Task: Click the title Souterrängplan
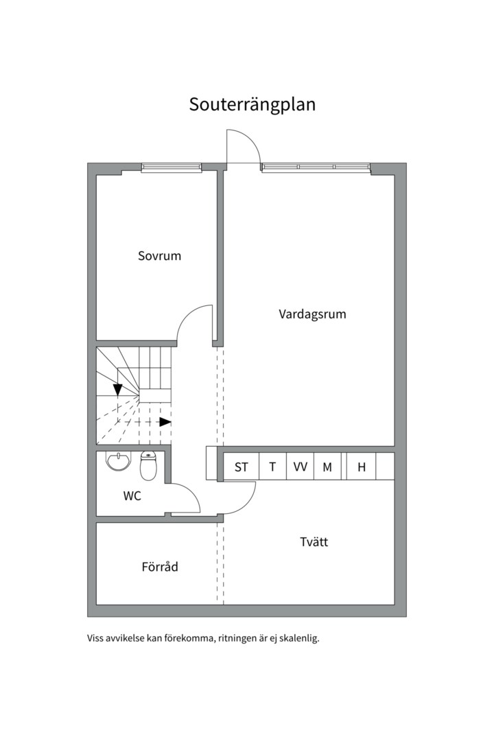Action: tap(252, 104)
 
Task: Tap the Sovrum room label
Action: tap(159, 256)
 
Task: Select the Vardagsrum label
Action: tap(312, 314)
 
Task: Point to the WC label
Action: tap(132, 496)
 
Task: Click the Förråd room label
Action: tap(160, 566)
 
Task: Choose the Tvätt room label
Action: tap(314, 541)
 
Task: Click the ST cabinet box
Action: tap(241, 467)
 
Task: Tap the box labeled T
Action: tap(273, 467)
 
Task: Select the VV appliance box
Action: tap(301, 467)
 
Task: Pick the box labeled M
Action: tap(327, 467)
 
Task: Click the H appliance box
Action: tap(361, 467)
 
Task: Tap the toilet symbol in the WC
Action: tap(148, 466)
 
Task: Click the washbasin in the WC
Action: tap(119, 461)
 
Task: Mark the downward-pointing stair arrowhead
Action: tap(117, 390)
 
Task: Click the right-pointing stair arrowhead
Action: tap(165, 422)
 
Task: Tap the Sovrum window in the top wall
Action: tap(171, 167)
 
